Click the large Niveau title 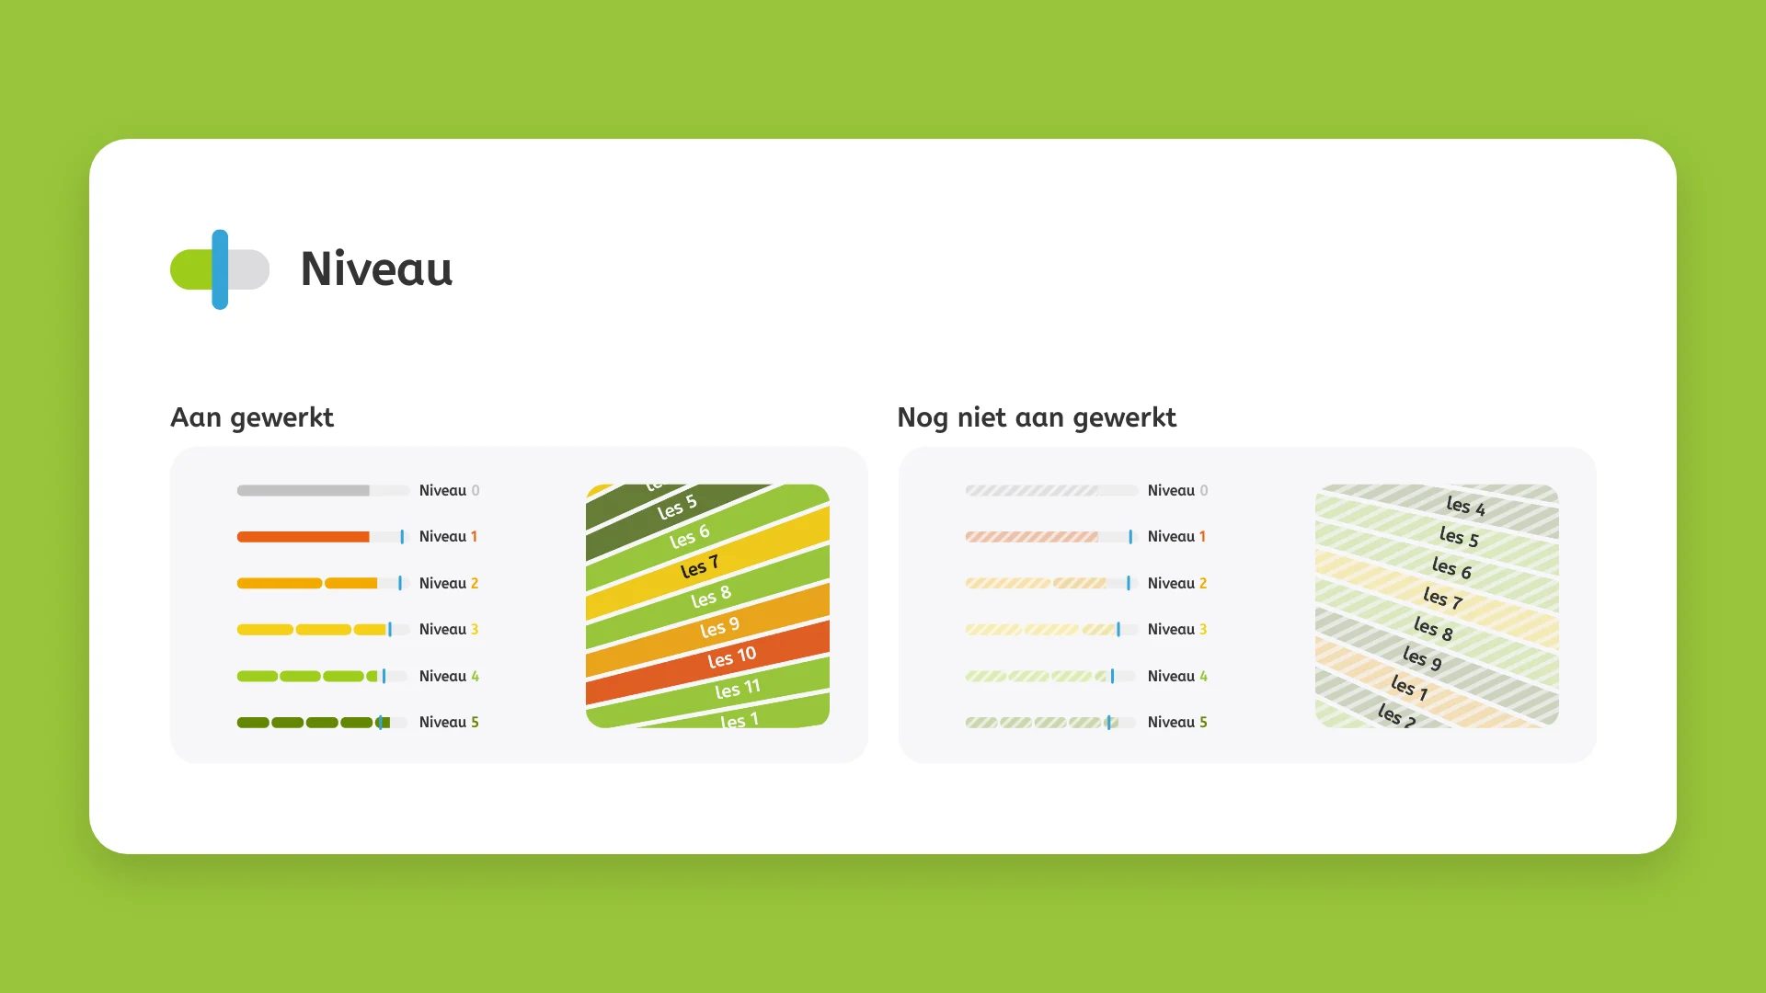tap(376, 268)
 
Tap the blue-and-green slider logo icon tap(220, 269)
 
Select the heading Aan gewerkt tap(252, 417)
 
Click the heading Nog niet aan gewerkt tap(1037, 417)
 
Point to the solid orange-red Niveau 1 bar tap(304, 537)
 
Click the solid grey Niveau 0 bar tap(304, 491)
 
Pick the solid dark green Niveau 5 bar tap(314, 723)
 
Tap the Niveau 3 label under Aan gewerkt tap(449, 630)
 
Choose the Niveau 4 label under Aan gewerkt tap(449, 677)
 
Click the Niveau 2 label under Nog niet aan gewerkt tap(1177, 584)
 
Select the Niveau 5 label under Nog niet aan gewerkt tap(1177, 723)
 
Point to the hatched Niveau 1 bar tap(1032, 537)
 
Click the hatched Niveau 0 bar tap(1032, 491)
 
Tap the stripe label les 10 tap(732, 657)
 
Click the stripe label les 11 tap(738, 689)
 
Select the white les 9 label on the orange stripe tap(719, 628)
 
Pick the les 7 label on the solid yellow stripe tap(699, 567)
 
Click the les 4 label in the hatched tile tap(1466, 506)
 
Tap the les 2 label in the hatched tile tap(1397, 715)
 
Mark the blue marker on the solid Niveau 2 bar tap(400, 583)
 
